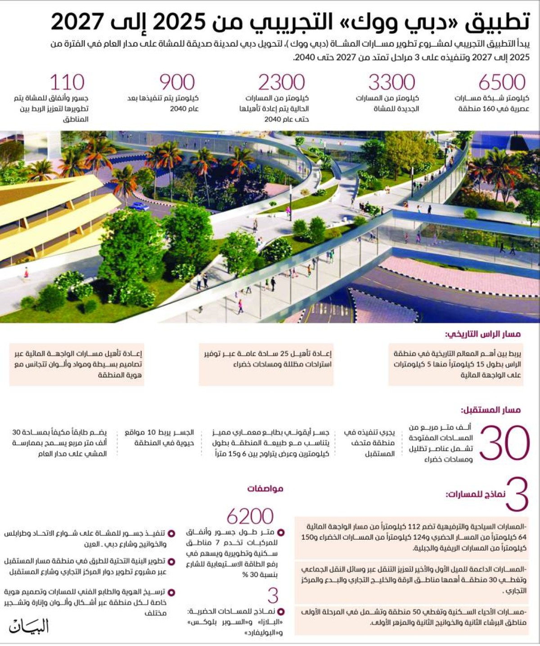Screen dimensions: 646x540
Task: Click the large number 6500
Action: tap(502, 82)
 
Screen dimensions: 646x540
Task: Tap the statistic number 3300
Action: tap(391, 82)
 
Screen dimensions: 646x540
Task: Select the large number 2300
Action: tap(281, 82)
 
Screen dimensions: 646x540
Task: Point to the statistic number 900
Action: tap(177, 82)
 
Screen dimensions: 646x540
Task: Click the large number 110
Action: tap(67, 82)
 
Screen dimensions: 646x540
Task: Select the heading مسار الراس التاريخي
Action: tap(483, 334)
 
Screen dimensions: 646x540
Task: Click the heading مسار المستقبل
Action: tap(490, 410)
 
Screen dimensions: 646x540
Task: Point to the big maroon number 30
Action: tap(504, 443)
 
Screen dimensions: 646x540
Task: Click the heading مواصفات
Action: tap(265, 488)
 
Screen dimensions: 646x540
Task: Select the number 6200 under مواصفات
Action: tap(250, 516)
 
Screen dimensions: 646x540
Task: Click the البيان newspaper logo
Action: tap(29, 626)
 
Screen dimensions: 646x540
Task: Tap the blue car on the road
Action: tap(139, 207)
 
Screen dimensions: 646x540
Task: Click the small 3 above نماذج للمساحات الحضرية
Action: tap(273, 596)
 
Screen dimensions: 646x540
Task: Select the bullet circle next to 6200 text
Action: tap(281, 533)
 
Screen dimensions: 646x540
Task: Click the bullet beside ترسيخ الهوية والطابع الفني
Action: tap(171, 592)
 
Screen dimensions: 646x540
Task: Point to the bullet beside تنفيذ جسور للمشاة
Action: tap(171, 533)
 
